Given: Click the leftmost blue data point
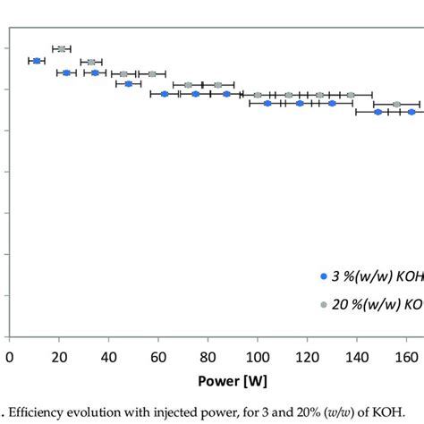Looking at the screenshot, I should click(x=37, y=61).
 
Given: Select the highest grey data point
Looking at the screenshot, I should click(x=61, y=48).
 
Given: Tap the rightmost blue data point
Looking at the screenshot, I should click(x=411, y=112).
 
